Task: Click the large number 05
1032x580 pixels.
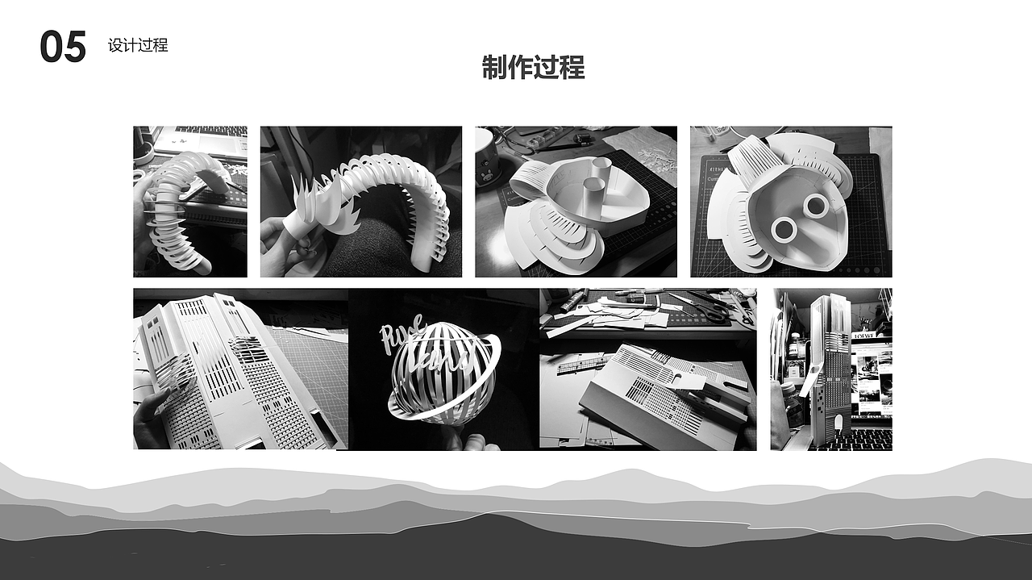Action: click(63, 48)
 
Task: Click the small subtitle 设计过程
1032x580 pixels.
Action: click(138, 45)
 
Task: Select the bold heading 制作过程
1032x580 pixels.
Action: click(533, 68)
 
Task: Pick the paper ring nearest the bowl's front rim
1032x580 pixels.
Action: click(784, 231)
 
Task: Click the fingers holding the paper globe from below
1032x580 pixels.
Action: click(467, 440)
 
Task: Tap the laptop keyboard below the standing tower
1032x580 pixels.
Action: click(867, 439)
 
